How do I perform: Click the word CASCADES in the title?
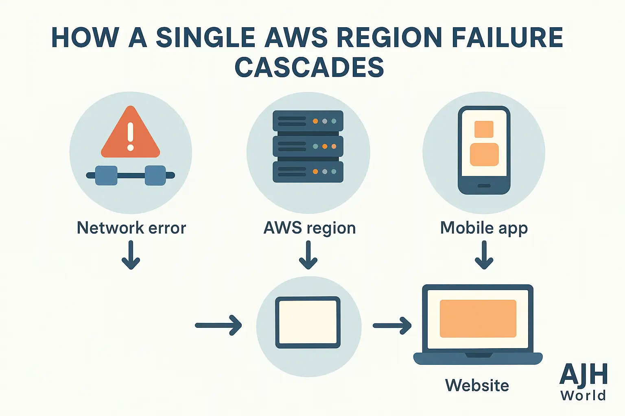309,67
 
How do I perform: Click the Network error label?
131,228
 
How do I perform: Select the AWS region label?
309,228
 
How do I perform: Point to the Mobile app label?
484,228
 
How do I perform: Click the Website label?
477,385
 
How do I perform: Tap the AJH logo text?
583,375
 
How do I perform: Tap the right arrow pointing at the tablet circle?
219,325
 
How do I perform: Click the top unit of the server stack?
308,121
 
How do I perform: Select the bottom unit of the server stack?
308,172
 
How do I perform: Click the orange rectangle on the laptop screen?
478,318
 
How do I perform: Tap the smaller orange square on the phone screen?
484,129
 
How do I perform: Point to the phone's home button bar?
484,186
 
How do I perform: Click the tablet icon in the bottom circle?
308,323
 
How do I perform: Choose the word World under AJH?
583,395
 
